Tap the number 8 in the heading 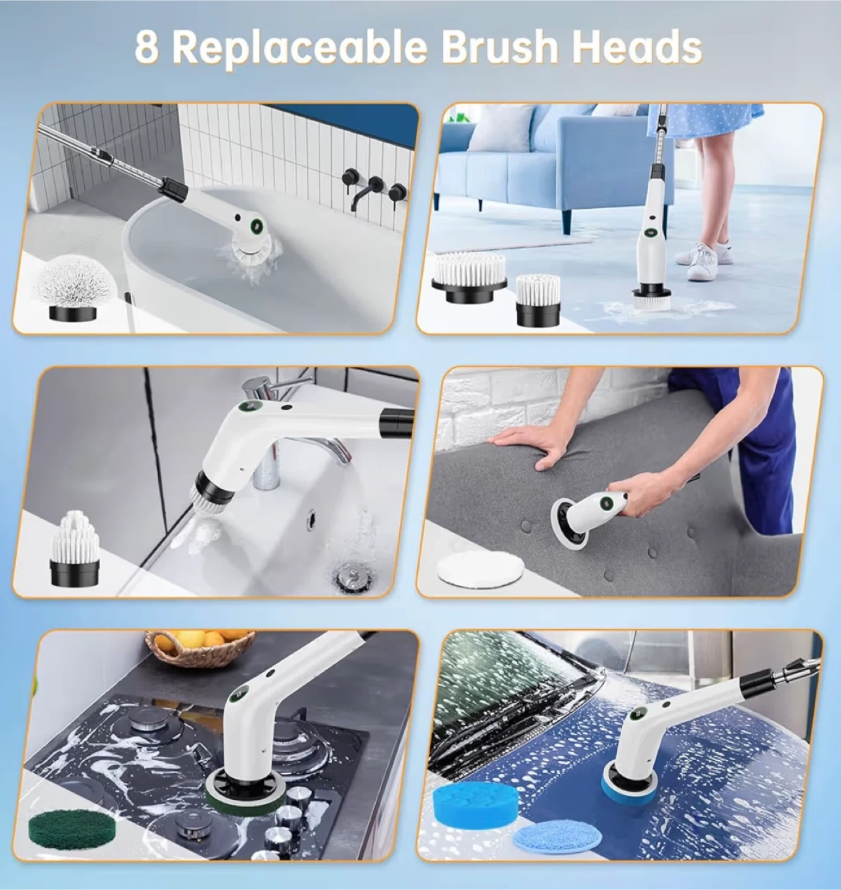146,46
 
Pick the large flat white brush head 469,278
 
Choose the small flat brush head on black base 538,300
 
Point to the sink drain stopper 348,577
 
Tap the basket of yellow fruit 200,646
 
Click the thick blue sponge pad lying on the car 475,800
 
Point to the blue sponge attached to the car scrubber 630,786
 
